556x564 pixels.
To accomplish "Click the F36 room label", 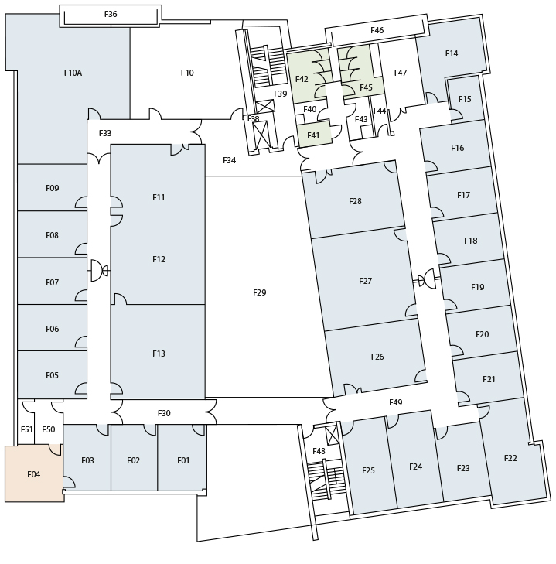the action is [x=111, y=14].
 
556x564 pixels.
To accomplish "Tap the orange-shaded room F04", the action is [x=33, y=473].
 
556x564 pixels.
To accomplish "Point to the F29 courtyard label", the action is [x=260, y=292].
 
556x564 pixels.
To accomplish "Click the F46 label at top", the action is [x=377, y=30].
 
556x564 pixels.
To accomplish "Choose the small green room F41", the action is [x=314, y=134].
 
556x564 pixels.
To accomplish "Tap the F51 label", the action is [x=26, y=429].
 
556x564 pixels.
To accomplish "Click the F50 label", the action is [x=49, y=429].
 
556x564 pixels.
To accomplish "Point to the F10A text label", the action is [x=73, y=73].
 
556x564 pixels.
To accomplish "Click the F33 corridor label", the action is [x=105, y=133].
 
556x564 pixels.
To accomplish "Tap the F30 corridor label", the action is [x=164, y=413].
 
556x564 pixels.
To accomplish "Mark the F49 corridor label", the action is [x=396, y=402].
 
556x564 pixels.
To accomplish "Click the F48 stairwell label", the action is [x=319, y=451].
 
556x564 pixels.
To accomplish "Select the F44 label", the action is [x=380, y=111].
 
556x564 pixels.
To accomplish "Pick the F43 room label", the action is [x=361, y=119].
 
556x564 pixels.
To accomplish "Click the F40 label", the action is [x=309, y=109].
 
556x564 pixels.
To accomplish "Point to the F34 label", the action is [x=230, y=160].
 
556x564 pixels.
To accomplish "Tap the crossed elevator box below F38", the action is [x=261, y=134].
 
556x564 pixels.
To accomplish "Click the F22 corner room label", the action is [x=510, y=458].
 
